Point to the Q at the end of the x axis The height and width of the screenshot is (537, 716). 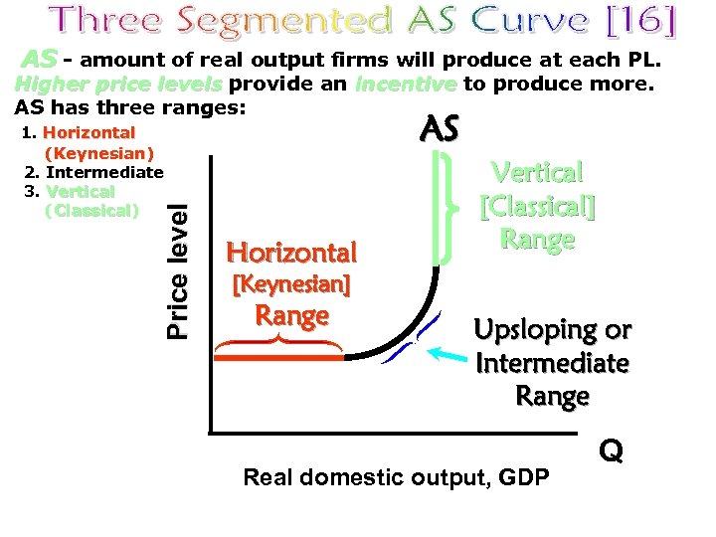[x=612, y=451]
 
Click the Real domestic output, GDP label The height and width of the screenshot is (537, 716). [x=396, y=478]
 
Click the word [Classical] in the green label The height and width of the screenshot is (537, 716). [x=537, y=207]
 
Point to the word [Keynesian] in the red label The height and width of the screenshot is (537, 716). [x=290, y=285]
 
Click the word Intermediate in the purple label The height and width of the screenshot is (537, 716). [x=552, y=363]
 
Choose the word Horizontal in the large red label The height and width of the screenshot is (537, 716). [x=291, y=252]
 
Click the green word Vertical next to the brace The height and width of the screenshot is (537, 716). [x=538, y=173]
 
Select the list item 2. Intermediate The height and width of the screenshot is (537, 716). [x=93, y=172]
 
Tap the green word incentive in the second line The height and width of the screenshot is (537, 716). [x=405, y=85]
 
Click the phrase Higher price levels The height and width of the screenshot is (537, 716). [x=118, y=85]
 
